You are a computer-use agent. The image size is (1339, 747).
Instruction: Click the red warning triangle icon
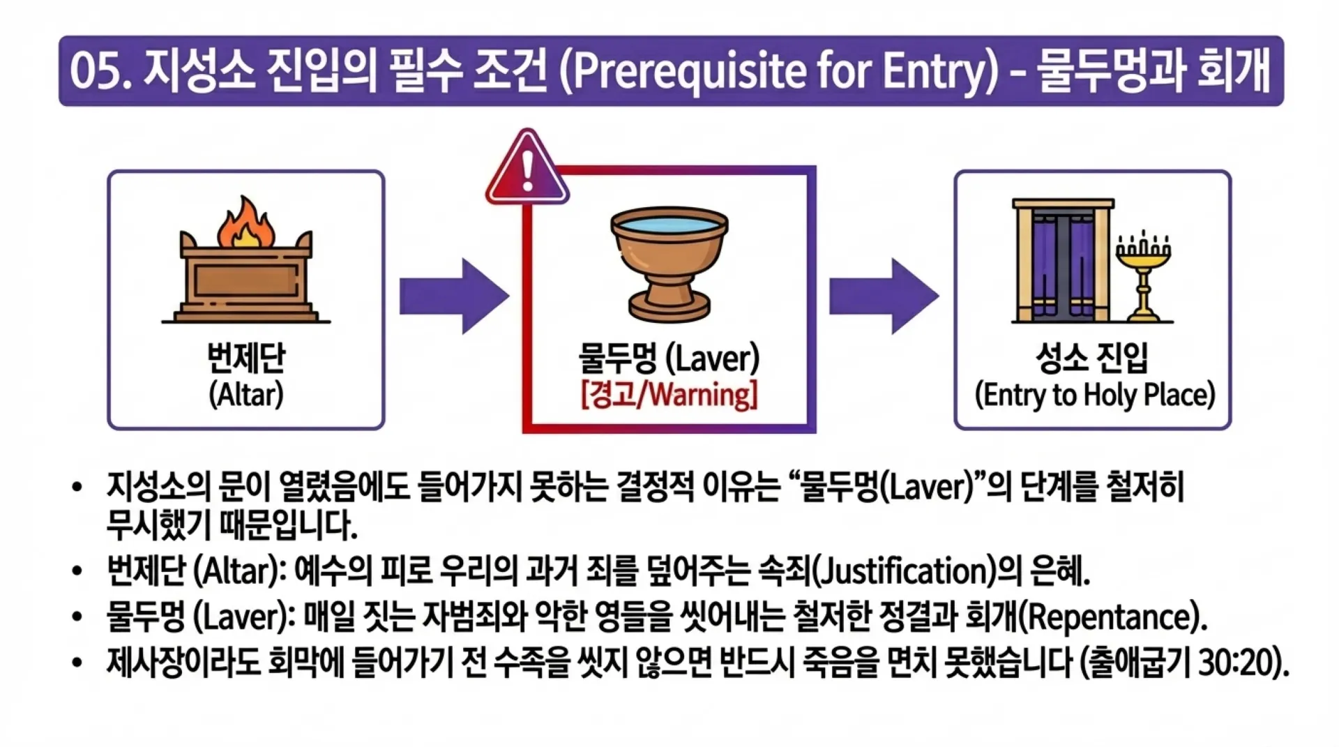(x=527, y=169)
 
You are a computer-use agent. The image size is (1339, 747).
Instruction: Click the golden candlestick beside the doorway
(x=1143, y=279)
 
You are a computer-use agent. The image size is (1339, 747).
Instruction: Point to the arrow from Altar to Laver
(x=453, y=296)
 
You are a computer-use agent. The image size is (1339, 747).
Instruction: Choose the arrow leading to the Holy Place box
(x=883, y=296)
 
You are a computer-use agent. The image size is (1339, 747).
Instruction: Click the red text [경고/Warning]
(x=669, y=395)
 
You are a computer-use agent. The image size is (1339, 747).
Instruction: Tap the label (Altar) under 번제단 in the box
(x=245, y=395)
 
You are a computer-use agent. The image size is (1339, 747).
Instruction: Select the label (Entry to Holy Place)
(x=1094, y=395)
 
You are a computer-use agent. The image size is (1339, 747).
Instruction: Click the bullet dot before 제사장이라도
(x=77, y=663)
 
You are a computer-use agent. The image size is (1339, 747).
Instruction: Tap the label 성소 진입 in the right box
(x=1092, y=359)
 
